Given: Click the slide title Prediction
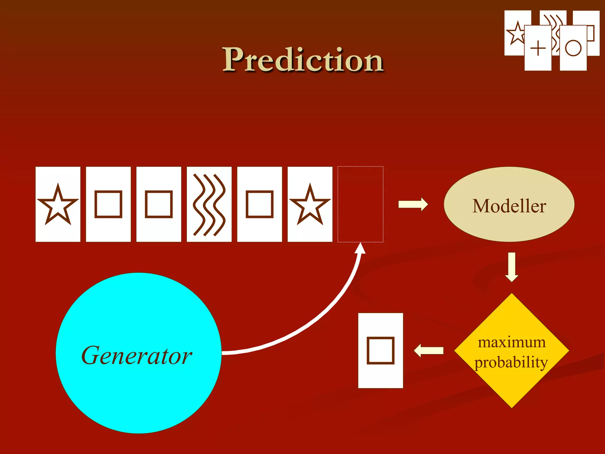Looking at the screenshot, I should (x=303, y=60).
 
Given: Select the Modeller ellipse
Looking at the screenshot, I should (x=509, y=205).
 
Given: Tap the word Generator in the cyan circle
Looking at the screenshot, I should (x=137, y=355).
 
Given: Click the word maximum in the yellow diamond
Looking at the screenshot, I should (x=512, y=342).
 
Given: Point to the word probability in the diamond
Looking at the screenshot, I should (x=511, y=362).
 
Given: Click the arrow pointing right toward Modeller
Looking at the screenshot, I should (x=413, y=204).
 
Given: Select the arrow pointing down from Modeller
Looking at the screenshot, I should (x=512, y=267).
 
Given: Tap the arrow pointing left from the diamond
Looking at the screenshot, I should (x=429, y=351).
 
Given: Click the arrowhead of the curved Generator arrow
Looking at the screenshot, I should (x=360, y=248).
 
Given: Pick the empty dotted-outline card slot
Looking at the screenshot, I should (x=360, y=204).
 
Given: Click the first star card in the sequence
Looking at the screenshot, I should (x=58, y=204).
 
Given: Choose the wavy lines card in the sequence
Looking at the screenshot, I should (x=209, y=204).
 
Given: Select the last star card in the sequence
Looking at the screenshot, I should (x=310, y=204).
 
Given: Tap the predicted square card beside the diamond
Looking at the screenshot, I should (x=380, y=351).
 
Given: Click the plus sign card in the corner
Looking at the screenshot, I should (x=538, y=48).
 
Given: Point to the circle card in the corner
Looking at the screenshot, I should (x=573, y=48).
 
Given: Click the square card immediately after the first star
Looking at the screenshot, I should (x=108, y=204).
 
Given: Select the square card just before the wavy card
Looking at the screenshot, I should (x=159, y=204).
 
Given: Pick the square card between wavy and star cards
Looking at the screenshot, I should (x=259, y=204).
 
